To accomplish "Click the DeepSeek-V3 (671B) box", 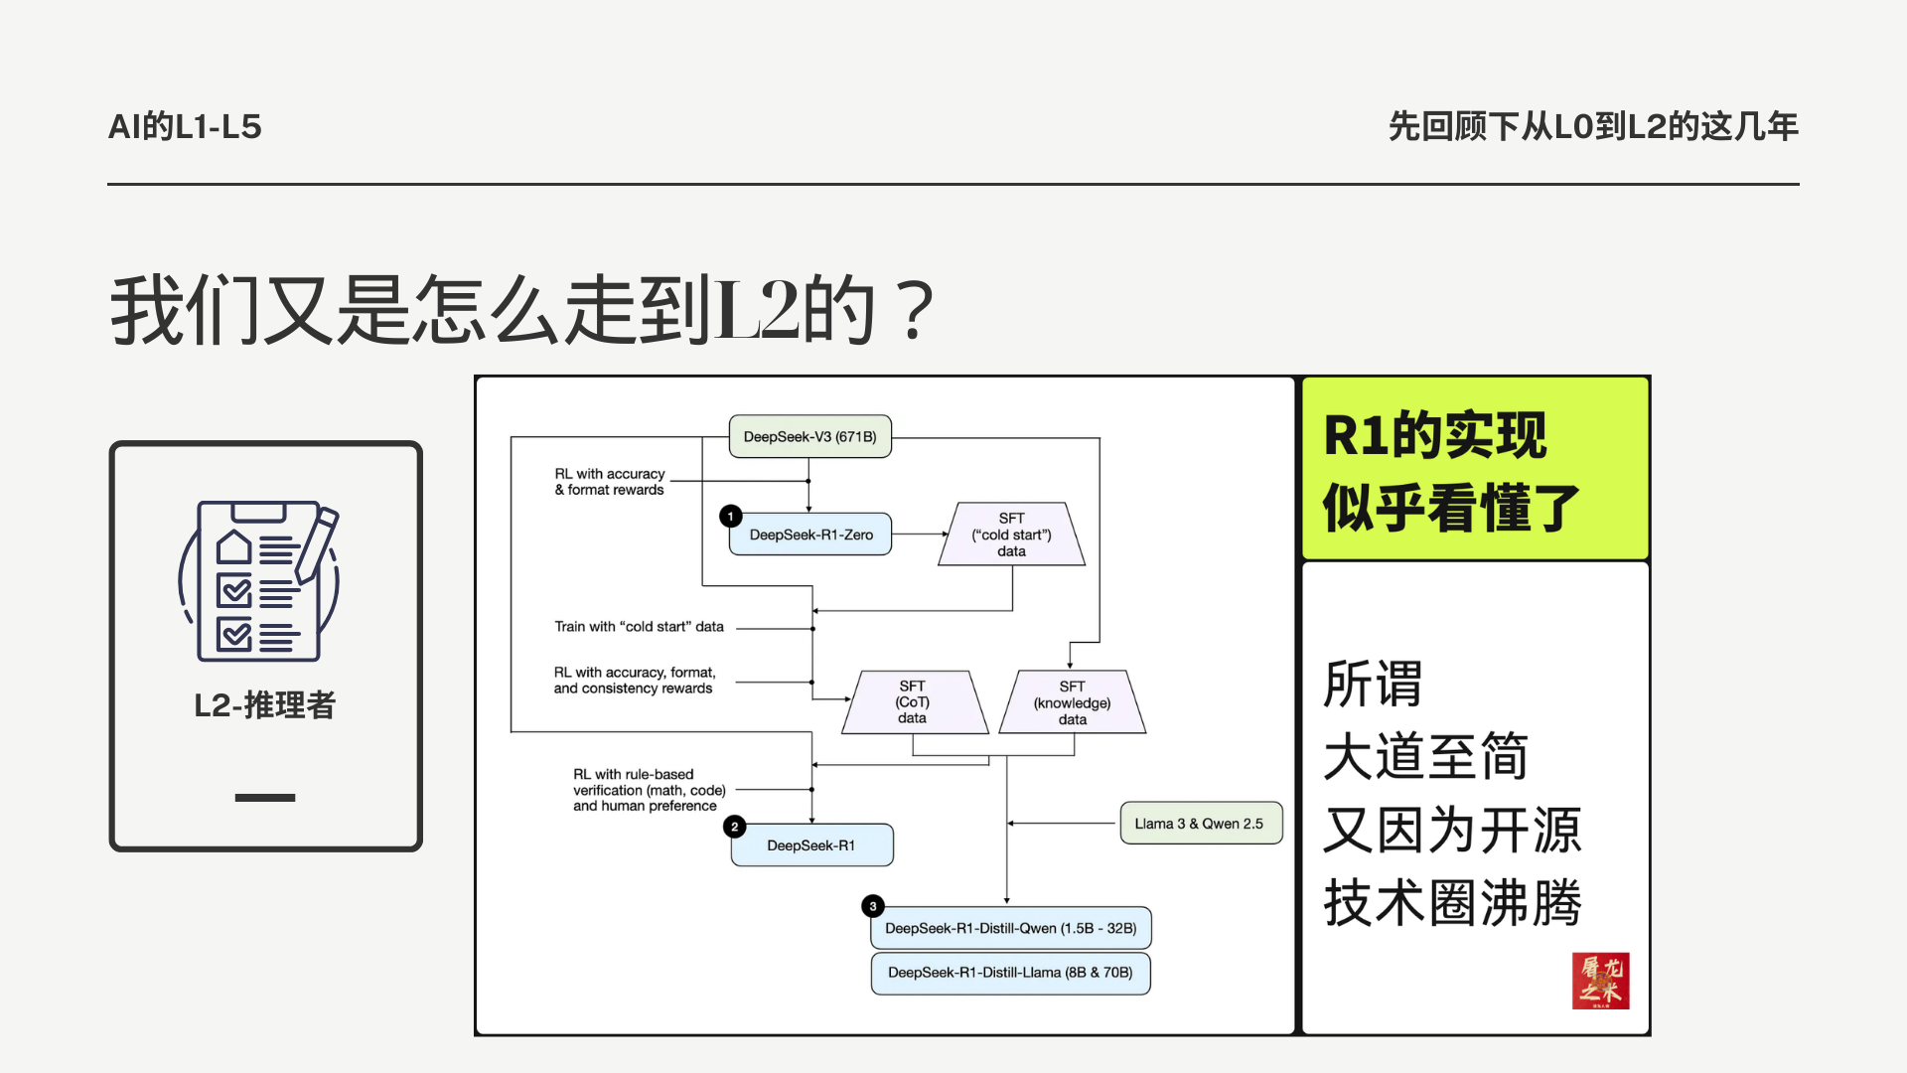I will (x=809, y=436).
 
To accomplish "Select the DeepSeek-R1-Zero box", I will (x=810, y=535).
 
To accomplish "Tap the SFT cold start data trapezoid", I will (x=1011, y=535).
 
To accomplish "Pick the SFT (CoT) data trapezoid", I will (x=912, y=702).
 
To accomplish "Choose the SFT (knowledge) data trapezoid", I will (x=1072, y=702).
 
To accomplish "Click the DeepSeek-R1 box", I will (x=810, y=845).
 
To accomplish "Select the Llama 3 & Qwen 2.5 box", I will (x=1200, y=824).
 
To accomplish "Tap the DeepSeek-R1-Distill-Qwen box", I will (x=1010, y=928).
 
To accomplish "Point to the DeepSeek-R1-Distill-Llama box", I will (x=1010, y=973).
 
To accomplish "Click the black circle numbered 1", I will (x=731, y=516).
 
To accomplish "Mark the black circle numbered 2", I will (x=735, y=827).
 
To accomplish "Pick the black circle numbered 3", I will (x=873, y=906).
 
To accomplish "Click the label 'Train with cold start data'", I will (x=639, y=627).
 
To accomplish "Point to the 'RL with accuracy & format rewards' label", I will (x=609, y=482).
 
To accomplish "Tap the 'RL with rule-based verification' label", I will (x=649, y=790).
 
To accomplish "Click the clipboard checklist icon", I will (x=260, y=581).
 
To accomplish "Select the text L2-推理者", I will (x=265, y=705).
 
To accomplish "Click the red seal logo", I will (x=1600, y=981).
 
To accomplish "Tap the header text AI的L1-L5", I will (x=185, y=127).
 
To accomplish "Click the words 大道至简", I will (x=1425, y=756).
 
